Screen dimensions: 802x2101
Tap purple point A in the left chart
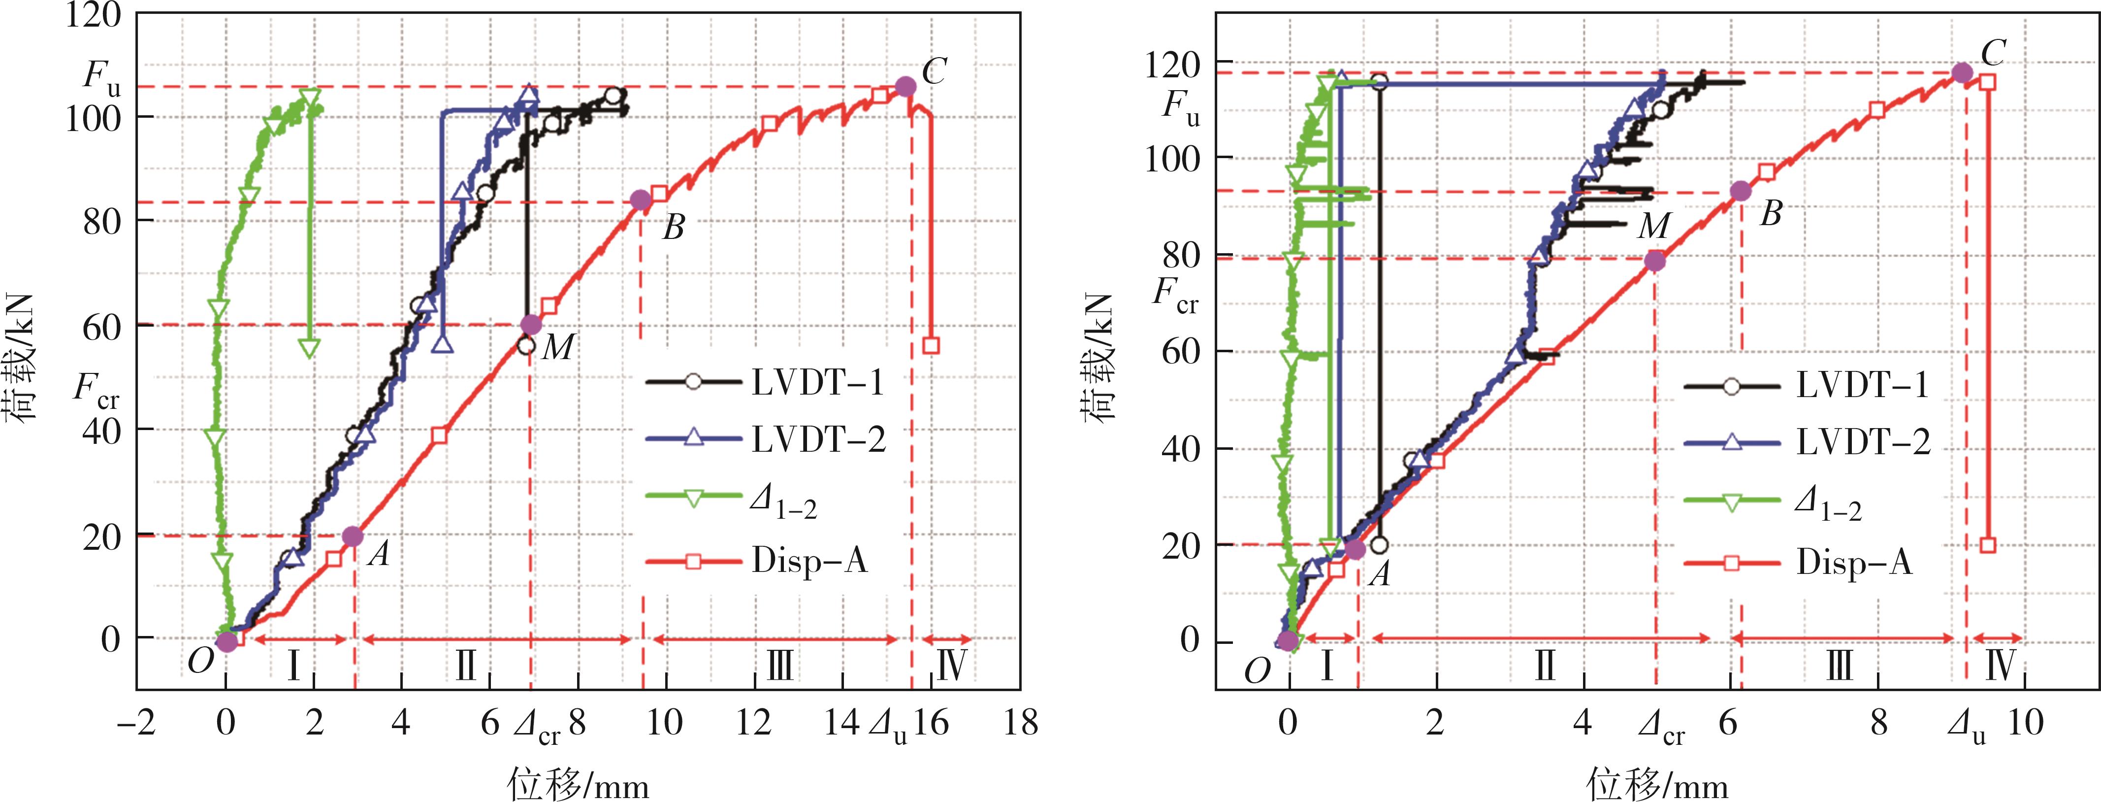tap(353, 536)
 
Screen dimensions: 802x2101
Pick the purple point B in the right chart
tap(1741, 191)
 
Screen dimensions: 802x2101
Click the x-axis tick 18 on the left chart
tap(1020, 723)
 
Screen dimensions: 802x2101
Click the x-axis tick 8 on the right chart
tap(1878, 723)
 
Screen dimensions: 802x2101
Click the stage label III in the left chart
tap(780, 666)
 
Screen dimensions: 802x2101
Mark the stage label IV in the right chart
tap(2000, 666)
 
